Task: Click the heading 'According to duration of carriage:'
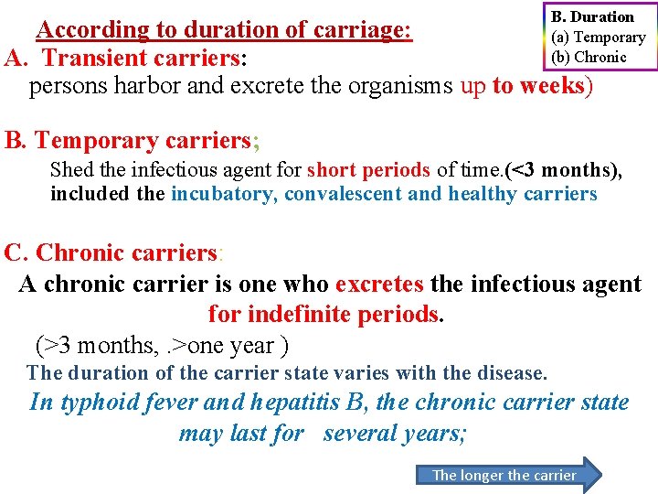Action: (224, 29)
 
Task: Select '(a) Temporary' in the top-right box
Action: (598, 38)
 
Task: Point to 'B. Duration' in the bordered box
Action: (592, 17)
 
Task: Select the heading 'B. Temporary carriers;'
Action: (133, 141)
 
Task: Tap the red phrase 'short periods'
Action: (368, 170)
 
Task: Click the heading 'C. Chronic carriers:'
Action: (113, 252)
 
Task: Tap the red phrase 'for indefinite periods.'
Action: (326, 315)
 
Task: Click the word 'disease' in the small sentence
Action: (513, 373)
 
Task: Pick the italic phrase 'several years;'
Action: (395, 433)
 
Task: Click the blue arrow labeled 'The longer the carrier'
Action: (508, 475)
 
